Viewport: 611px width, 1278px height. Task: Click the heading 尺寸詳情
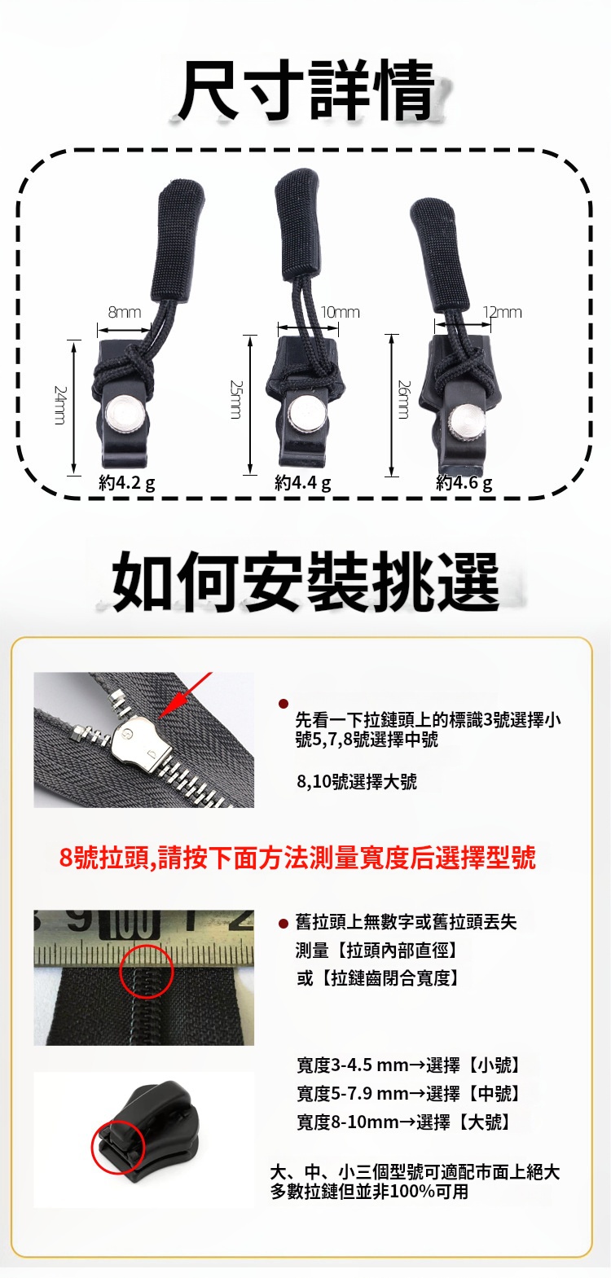pos(306,90)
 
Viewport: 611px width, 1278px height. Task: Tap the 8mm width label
pos(125,313)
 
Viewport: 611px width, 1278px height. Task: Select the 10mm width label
pos(340,312)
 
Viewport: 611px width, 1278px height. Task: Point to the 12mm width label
pos(502,312)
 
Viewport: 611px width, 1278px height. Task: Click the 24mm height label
pos(60,405)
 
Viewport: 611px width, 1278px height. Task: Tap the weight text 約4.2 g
pos(126,483)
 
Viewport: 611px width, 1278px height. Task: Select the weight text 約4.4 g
pos(303,483)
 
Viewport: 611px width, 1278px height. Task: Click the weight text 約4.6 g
pos(464,483)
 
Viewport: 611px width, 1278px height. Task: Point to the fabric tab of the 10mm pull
pos(297,225)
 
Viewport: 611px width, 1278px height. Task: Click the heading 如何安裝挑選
pos(306,582)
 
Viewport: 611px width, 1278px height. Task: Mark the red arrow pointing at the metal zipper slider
pos(186,696)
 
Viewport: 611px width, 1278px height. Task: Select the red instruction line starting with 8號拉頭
pos(297,858)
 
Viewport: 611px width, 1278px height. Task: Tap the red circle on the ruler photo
pos(146,971)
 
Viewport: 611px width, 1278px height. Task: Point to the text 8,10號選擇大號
pos(357,781)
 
